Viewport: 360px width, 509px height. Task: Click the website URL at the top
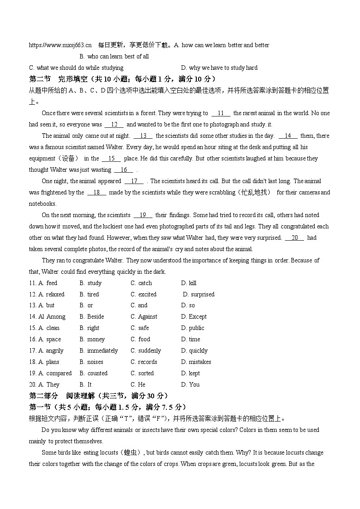[60, 45]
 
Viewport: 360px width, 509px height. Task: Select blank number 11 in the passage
[221, 113]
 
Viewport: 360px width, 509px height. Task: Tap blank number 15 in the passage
[112, 159]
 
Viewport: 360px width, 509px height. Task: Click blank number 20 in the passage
[294, 238]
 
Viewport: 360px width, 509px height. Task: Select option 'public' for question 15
[196, 328]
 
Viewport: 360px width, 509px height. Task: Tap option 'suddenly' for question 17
[149, 351]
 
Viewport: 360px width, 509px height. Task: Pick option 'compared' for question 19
[59, 373]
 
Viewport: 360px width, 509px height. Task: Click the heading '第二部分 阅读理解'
[98, 396]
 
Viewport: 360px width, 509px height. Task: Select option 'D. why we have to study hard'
[219, 68]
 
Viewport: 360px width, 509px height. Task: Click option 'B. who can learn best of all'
[114, 57]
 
